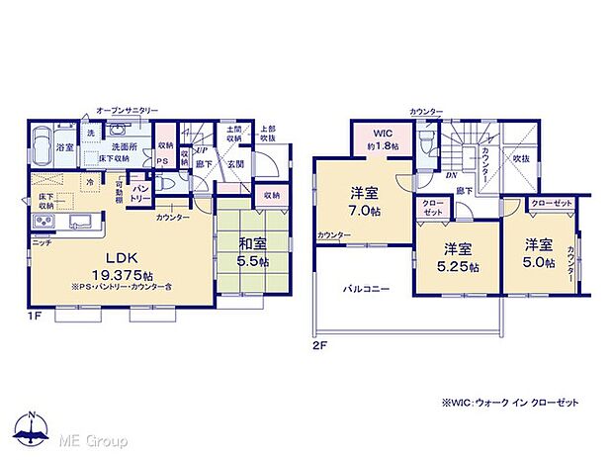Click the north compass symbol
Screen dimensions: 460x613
pyautogui.click(x=35, y=430)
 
